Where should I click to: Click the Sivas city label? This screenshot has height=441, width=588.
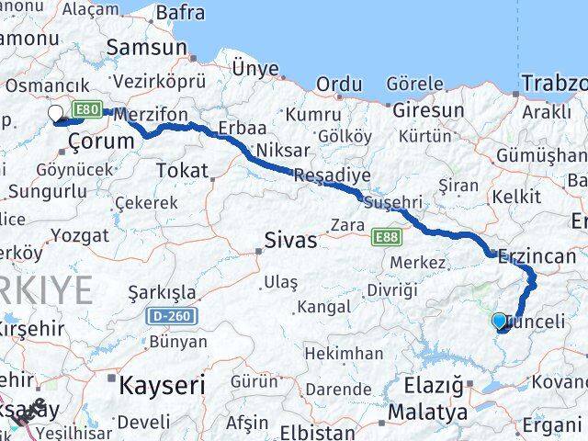pos(290,241)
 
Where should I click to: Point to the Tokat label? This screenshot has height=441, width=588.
pos(182,170)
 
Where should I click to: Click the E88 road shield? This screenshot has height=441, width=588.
pos(387,237)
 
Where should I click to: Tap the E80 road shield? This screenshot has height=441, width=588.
pos(87,110)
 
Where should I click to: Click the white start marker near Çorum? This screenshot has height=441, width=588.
pos(56,113)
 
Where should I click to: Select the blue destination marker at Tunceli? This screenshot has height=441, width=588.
pos(499,321)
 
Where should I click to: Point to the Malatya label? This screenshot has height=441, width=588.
pos(426,413)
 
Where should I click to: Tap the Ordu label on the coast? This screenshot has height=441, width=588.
pos(338,85)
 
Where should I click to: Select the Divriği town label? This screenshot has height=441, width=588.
pos(392,290)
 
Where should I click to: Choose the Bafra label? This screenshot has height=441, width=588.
pos(180,14)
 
